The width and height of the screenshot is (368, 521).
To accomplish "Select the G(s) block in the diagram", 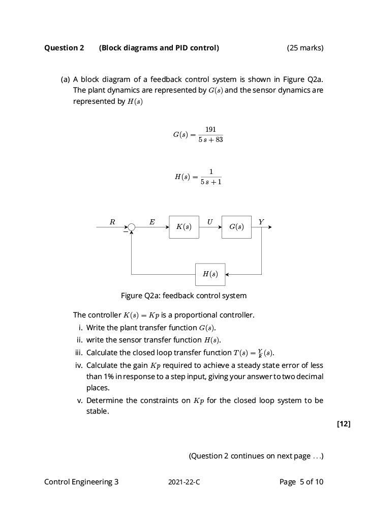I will point(236,227).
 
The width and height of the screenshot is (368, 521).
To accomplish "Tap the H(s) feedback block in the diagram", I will point(210,274).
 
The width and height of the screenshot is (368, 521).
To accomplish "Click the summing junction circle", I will point(132,227).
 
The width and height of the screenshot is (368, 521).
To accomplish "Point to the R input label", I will point(112,221).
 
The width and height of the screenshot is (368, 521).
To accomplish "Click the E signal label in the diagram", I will point(152,221).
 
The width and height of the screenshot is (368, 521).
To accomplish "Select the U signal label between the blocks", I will point(209,221).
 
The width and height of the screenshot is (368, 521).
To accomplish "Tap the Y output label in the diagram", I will point(261,221).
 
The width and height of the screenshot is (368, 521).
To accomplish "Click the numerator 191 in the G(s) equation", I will point(210,130).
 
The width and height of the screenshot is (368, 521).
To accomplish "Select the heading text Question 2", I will point(64,48).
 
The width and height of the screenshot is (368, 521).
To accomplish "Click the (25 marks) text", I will point(304,48).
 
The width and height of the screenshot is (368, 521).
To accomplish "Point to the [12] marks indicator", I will point(343,424).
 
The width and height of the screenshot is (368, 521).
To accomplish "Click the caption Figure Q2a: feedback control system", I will point(183,296).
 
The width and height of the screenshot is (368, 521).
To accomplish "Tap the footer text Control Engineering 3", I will point(81,482).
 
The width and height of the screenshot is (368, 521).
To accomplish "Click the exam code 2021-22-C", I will point(184,482).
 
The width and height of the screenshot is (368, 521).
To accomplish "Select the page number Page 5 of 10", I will point(301,482).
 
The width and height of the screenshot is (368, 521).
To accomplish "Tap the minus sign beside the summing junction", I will point(125,231).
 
